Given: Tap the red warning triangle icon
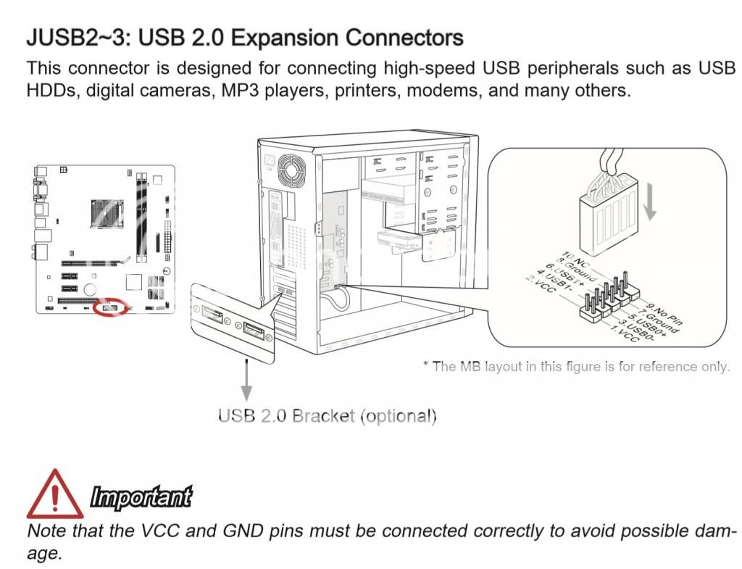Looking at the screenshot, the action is tap(55, 494).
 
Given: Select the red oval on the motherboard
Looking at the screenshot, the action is tap(110, 307).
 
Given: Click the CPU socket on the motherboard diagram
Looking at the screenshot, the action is tap(107, 214).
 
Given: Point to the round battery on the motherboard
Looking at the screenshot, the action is tap(90, 289).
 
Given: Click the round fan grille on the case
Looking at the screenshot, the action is tap(291, 170).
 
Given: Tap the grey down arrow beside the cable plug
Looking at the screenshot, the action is tap(650, 203).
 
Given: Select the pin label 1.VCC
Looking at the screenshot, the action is tap(625, 333).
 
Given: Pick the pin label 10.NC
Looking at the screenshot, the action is tap(575, 260).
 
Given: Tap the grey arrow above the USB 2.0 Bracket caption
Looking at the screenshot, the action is tap(246, 379).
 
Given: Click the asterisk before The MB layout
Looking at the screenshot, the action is tap(425, 364).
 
